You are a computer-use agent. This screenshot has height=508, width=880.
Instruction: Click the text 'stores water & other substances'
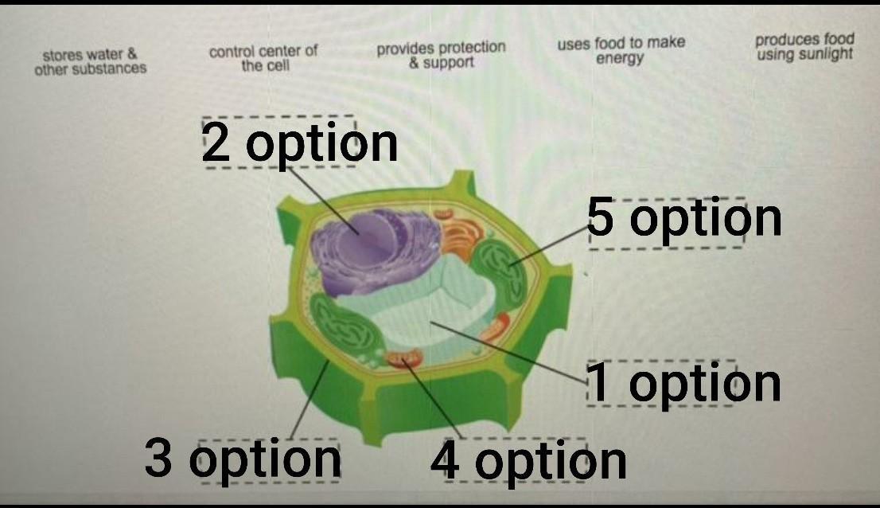coord(90,61)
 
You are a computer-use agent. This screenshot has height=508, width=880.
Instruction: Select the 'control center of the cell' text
coord(263,58)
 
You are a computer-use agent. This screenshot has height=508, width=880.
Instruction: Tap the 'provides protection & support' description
coord(441,54)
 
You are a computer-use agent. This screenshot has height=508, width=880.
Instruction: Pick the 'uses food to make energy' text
coord(621,50)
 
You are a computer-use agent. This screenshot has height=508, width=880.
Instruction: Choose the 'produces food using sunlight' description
coord(804,46)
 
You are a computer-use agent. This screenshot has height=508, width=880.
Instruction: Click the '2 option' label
coord(300,143)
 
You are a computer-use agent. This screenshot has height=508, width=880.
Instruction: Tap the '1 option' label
coord(683,383)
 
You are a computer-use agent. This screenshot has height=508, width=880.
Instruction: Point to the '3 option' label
coord(243,459)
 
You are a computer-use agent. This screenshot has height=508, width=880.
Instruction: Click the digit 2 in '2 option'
coord(215,143)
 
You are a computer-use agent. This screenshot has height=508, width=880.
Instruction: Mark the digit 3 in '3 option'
coord(158,459)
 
